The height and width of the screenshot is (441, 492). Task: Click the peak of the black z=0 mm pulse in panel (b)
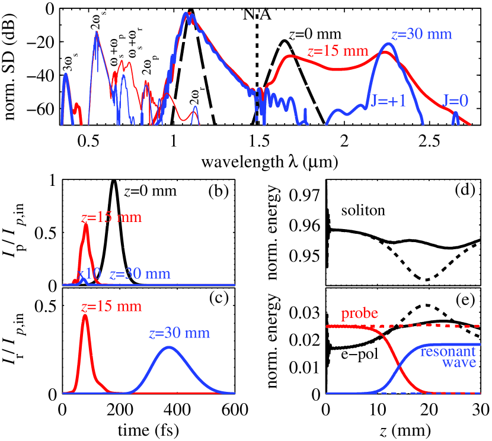114,180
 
